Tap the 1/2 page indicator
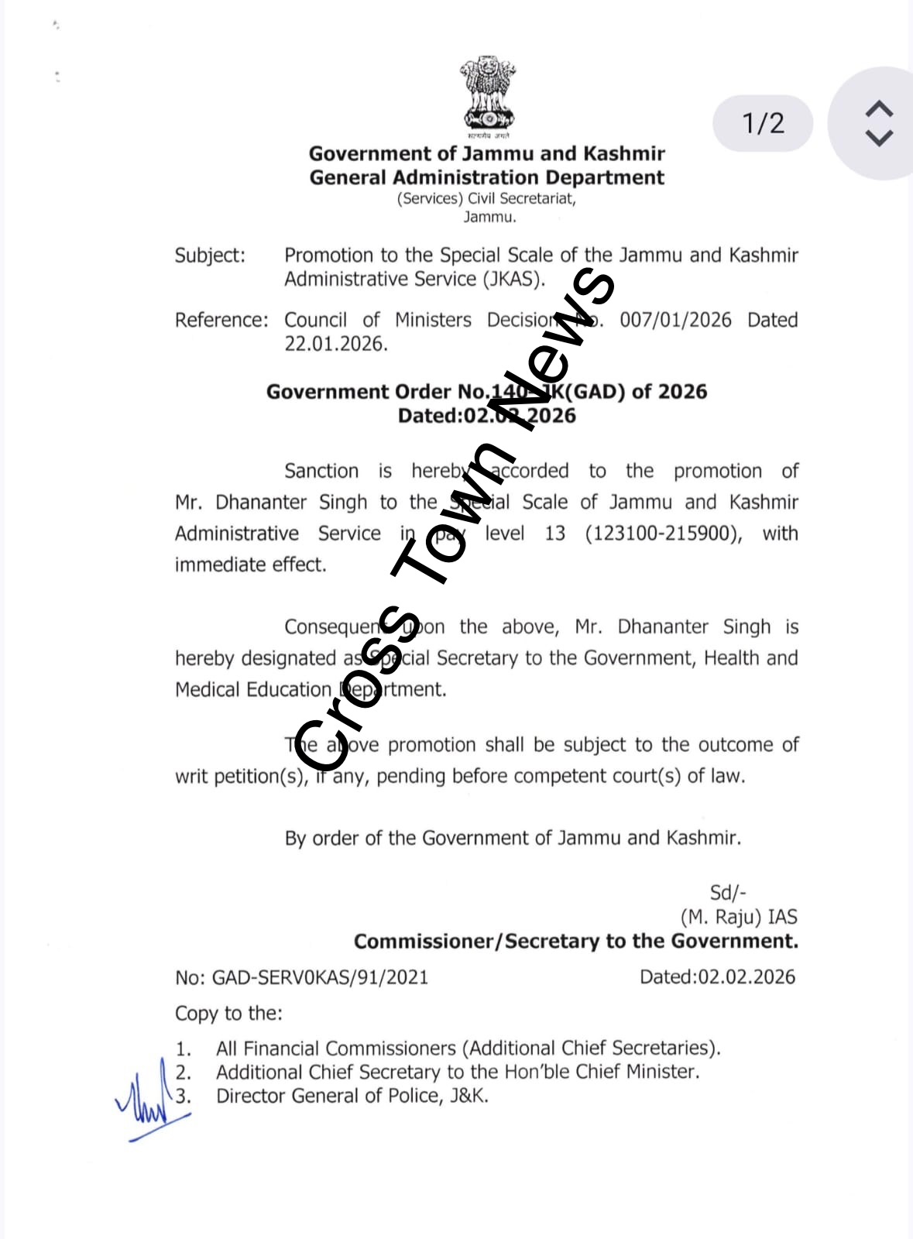763,123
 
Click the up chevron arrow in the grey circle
879,108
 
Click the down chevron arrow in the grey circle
879,139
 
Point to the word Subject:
210,256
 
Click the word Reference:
221,320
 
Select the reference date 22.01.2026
335,344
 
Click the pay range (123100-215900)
663,534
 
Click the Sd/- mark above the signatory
727,892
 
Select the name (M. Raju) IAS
739,917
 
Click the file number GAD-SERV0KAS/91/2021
320,977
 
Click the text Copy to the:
228,1013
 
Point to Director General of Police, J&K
352,1096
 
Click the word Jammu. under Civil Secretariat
489,217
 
